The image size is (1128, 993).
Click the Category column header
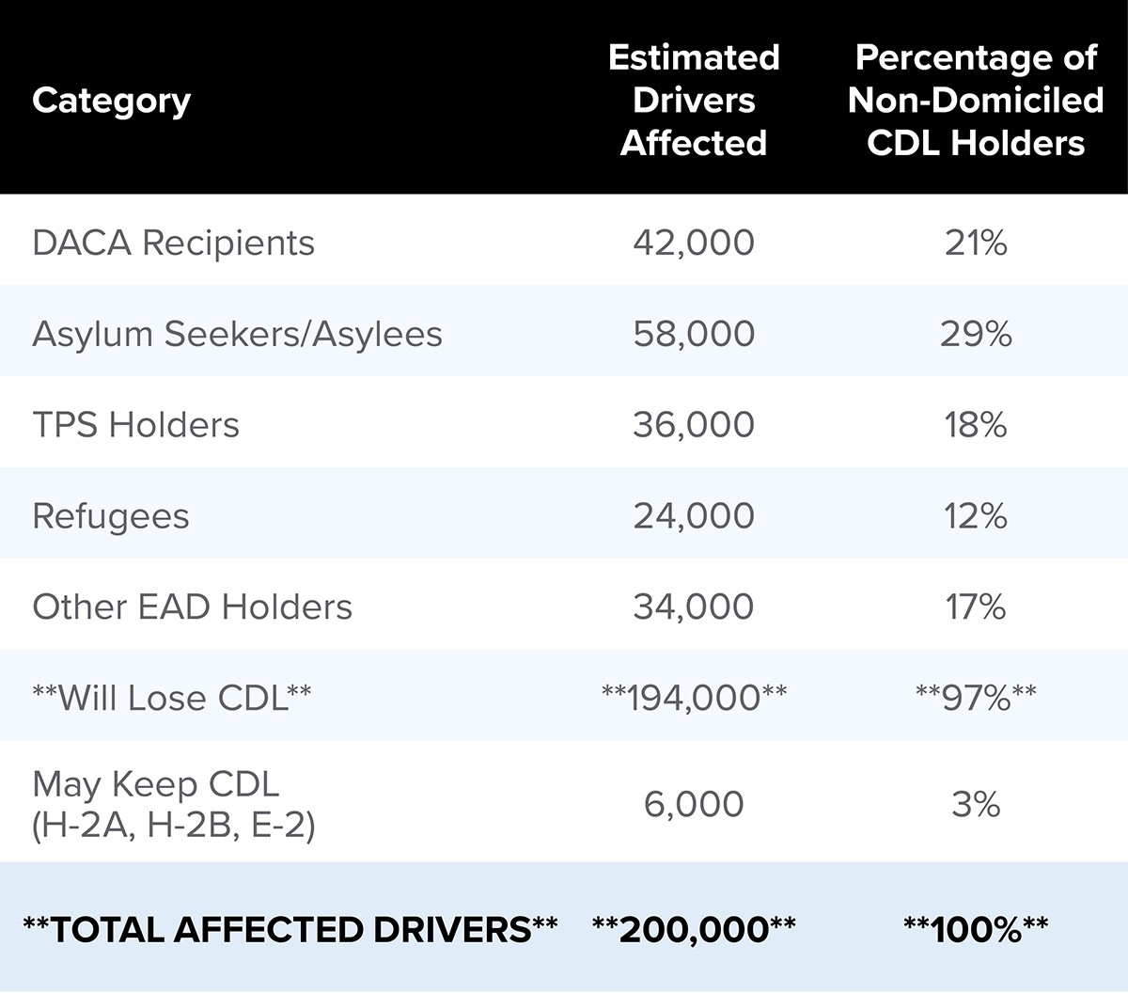coord(111,101)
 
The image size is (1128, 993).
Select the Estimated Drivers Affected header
coord(694,100)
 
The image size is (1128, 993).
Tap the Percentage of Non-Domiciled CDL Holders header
coord(976,100)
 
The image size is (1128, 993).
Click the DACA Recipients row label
coord(173,243)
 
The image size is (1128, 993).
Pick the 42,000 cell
coord(694,243)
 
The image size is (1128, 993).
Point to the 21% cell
coord(976,243)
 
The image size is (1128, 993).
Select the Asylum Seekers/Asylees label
coord(237,334)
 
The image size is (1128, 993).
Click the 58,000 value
coord(694,334)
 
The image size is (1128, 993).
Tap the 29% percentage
coord(976,334)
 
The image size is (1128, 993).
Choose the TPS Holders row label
coord(135,425)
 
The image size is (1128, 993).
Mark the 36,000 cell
coord(694,425)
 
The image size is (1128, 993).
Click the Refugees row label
coord(111,516)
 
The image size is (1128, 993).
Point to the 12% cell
coord(976,516)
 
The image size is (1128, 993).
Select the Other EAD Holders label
coord(192,607)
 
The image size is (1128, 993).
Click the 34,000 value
coord(694,607)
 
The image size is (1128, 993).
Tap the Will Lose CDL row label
coord(171,698)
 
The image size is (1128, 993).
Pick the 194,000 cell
coord(694,698)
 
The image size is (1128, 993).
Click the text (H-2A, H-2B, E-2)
coord(173,826)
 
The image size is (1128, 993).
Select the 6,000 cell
coord(694,804)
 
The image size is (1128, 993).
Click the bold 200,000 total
coord(694,929)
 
